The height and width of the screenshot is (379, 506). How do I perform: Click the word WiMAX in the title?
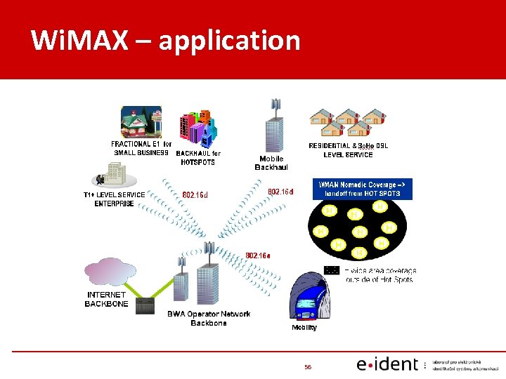pyautogui.click(x=79, y=41)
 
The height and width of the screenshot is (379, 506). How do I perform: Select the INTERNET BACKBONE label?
pyautogui.click(x=107, y=300)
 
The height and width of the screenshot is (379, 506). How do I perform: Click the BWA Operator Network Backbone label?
pyautogui.click(x=209, y=318)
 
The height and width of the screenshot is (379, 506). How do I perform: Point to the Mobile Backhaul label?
pyautogui.click(x=271, y=163)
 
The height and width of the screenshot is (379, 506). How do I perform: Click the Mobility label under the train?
pyautogui.click(x=304, y=328)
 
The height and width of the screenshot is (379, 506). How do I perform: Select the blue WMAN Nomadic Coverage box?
pyautogui.click(x=362, y=189)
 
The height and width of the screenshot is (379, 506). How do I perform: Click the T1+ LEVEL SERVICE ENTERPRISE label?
pyautogui.click(x=114, y=199)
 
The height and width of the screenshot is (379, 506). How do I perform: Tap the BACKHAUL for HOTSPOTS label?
pyautogui.click(x=198, y=158)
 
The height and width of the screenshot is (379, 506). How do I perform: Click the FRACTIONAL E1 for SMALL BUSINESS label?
pyautogui.click(x=141, y=149)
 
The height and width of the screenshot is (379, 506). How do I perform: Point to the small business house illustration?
pyautogui.click(x=141, y=123)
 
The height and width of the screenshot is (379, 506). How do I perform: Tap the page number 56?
pyautogui.click(x=308, y=367)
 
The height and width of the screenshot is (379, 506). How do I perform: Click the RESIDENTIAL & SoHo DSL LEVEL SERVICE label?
pyautogui.click(x=349, y=150)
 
